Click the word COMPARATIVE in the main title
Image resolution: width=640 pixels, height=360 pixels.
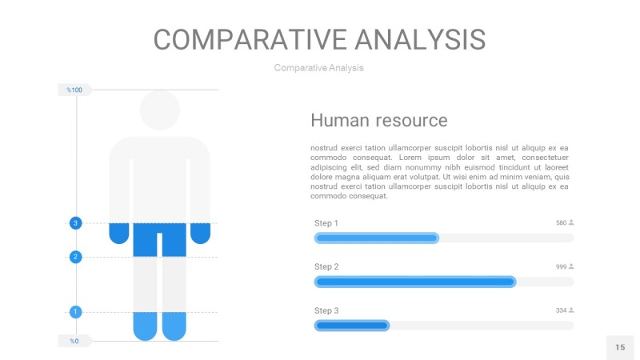[250, 39]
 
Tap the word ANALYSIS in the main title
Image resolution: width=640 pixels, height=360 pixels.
[420, 39]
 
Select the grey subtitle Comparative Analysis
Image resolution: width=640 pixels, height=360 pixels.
[318, 68]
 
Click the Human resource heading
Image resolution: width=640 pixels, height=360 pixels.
[378, 121]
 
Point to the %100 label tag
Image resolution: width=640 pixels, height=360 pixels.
[74, 90]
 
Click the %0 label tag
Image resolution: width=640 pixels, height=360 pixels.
[74, 341]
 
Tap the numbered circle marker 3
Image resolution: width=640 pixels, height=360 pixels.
[75, 223]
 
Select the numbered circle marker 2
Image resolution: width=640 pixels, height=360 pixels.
[75, 257]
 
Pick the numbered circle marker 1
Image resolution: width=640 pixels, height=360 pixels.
[75, 312]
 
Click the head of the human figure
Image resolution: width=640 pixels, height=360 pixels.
[159, 110]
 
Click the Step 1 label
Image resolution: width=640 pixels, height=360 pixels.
[326, 223]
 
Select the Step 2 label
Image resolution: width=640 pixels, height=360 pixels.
[326, 266]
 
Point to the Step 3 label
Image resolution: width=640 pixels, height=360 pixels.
[326, 310]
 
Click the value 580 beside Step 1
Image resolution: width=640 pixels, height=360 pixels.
[562, 223]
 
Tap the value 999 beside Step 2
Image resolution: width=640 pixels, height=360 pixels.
[562, 266]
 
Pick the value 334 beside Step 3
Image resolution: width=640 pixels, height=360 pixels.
[562, 310]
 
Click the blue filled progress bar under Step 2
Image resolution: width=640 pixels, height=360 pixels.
[415, 282]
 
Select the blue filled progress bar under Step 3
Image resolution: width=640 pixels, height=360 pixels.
[352, 326]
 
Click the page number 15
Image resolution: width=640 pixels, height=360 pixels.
[620, 347]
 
